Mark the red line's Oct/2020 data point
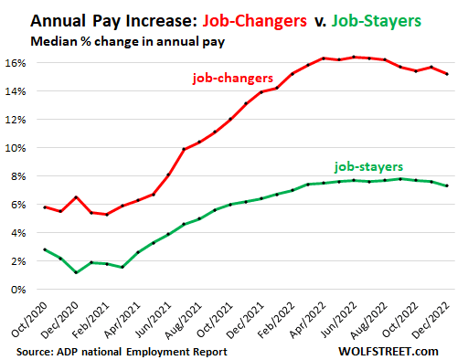[46, 207]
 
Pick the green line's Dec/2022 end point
[446, 185]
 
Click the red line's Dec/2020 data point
[77, 197]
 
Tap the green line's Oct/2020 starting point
[46, 249]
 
